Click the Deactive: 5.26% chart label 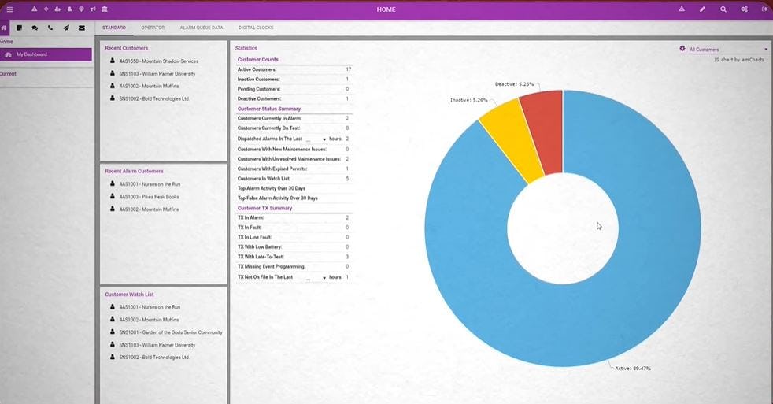pos(515,83)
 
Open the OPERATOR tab pos(153,28)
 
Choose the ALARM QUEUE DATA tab pos(202,28)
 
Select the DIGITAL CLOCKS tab pos(256,28)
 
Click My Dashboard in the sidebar pos(31,54)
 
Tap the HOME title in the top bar pos(386,9)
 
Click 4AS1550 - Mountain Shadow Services pos(158,61)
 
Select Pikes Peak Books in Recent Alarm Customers pos(149,196)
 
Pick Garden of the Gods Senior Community pos(170,332)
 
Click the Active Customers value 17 pos(347,69)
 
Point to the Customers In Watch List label pos(264,179)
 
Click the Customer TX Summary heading pos(264,208)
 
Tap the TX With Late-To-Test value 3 pos(347,257)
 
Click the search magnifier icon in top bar pos(723,9)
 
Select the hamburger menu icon pos(9,9)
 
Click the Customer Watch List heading pos(129,295)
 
